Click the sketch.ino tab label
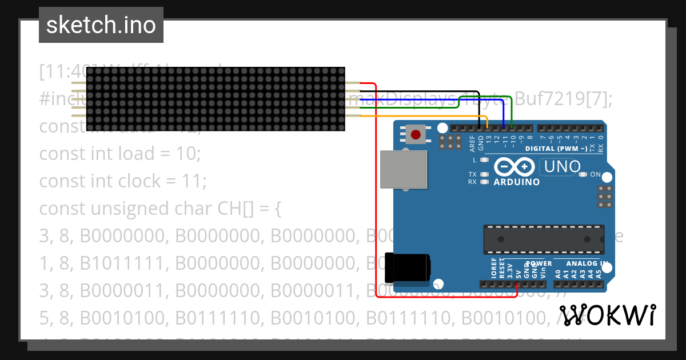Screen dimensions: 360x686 [101, 25]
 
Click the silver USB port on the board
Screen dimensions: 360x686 [404, 169]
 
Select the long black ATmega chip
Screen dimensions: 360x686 [544, 239]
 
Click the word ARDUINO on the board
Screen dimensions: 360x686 [516, 182]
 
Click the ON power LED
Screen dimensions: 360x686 [584, 174]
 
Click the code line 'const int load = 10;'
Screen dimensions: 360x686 [120, 154]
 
